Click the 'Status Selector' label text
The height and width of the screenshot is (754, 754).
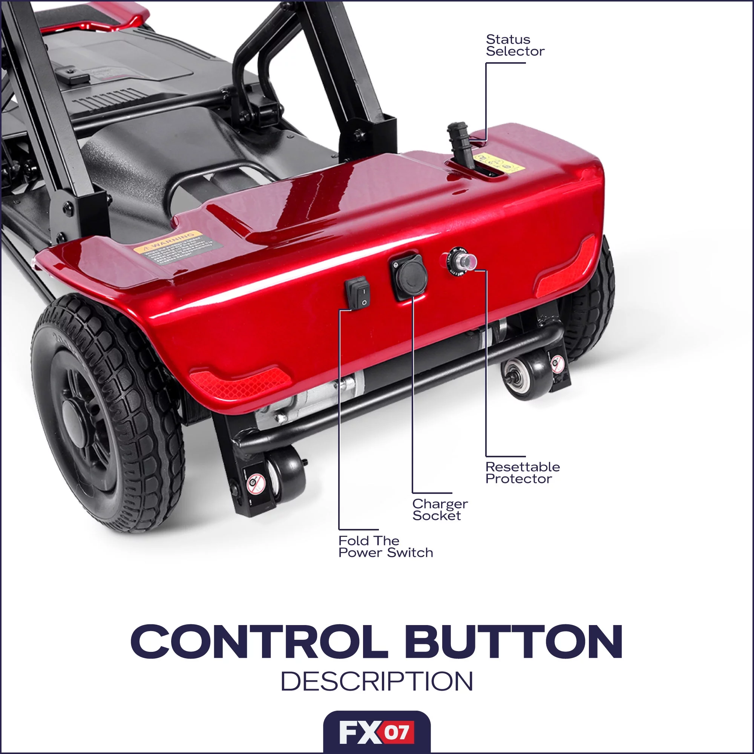point(515,45)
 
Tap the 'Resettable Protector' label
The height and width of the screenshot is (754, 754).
point(522,473)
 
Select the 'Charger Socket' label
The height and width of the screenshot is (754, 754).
point(440,510)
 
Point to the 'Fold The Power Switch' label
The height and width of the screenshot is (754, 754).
point(386,546)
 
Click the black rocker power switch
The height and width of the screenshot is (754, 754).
point(357,293)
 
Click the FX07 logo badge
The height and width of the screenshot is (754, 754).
point(377,733)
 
